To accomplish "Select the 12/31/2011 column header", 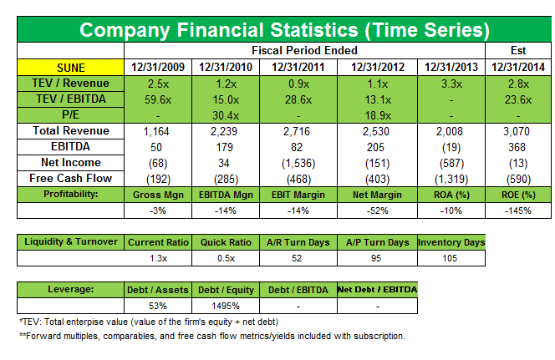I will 298,67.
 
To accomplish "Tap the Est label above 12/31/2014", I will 517,52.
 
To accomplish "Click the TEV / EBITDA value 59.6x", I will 159,99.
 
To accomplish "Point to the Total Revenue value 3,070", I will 517,131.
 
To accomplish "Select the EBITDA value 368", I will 517,147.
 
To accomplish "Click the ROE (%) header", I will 517,194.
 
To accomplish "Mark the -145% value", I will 517,210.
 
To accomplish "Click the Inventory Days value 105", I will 451,258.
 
